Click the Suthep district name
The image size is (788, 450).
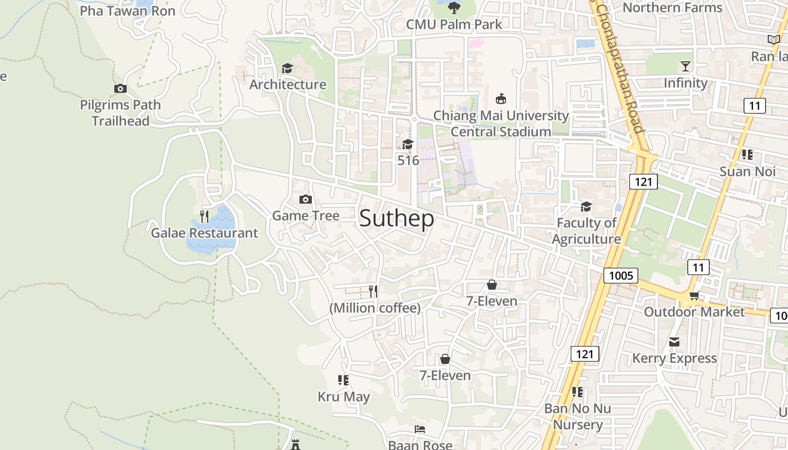[397, 218]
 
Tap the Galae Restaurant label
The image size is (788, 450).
[204, 233]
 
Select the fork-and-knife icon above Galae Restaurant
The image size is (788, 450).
[204, 216]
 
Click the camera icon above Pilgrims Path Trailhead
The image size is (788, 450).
[120, 88]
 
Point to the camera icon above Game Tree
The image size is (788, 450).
[306, 199]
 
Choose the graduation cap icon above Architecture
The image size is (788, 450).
[288, 68]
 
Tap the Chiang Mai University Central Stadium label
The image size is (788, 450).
[501, 123]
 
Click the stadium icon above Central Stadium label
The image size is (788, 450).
[500, 99]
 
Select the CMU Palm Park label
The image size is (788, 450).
[454, 24]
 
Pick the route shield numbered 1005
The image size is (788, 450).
[621, 276]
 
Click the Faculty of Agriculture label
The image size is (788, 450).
[586, 231]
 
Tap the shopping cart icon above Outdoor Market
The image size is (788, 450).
[694, 295]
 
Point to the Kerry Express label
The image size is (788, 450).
[674, 358]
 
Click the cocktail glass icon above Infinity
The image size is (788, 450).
[685, 66]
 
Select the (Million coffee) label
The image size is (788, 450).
[375, 308]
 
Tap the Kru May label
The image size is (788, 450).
[344, 397]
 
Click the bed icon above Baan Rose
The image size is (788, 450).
[420, 429]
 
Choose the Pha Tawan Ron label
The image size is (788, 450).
[128, 11]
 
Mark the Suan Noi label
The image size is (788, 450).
[747, 172]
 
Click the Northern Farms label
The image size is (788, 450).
[672, 8]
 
